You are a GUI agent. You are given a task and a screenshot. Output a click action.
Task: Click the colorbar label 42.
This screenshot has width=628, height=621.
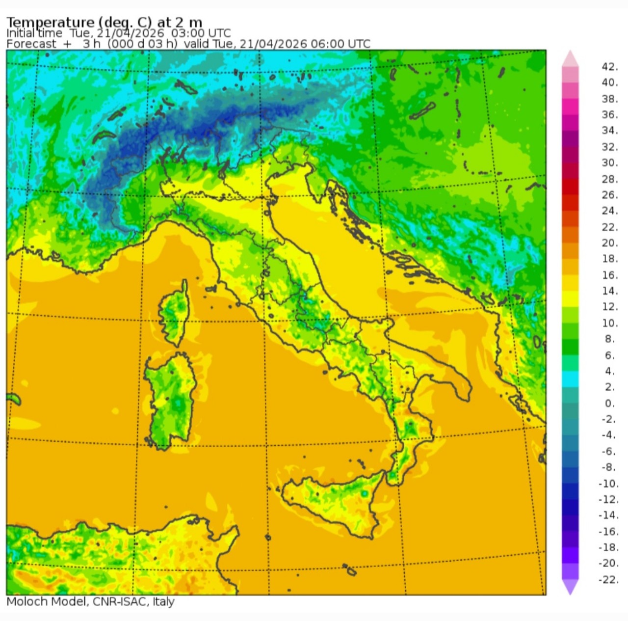point(609,67)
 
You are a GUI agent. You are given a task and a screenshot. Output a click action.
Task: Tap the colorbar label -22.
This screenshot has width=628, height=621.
point(608,579)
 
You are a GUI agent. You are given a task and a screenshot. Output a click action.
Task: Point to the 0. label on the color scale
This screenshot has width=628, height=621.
point(609,403)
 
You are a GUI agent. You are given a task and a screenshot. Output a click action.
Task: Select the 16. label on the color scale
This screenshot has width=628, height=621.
point(609,275)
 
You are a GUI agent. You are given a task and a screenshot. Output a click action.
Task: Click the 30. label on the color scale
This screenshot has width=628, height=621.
point(609,162)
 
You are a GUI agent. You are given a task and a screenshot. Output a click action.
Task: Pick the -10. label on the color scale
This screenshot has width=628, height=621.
point(608,483)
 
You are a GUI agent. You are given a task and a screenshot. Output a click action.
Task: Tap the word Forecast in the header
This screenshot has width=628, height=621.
point(31,44)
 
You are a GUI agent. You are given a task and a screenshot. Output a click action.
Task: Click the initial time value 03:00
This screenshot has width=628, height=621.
point(184,33)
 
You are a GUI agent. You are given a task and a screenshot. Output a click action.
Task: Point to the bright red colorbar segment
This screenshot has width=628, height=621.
point(570,187)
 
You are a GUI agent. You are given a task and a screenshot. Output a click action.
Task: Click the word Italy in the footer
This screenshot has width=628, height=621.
point(163,601)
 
